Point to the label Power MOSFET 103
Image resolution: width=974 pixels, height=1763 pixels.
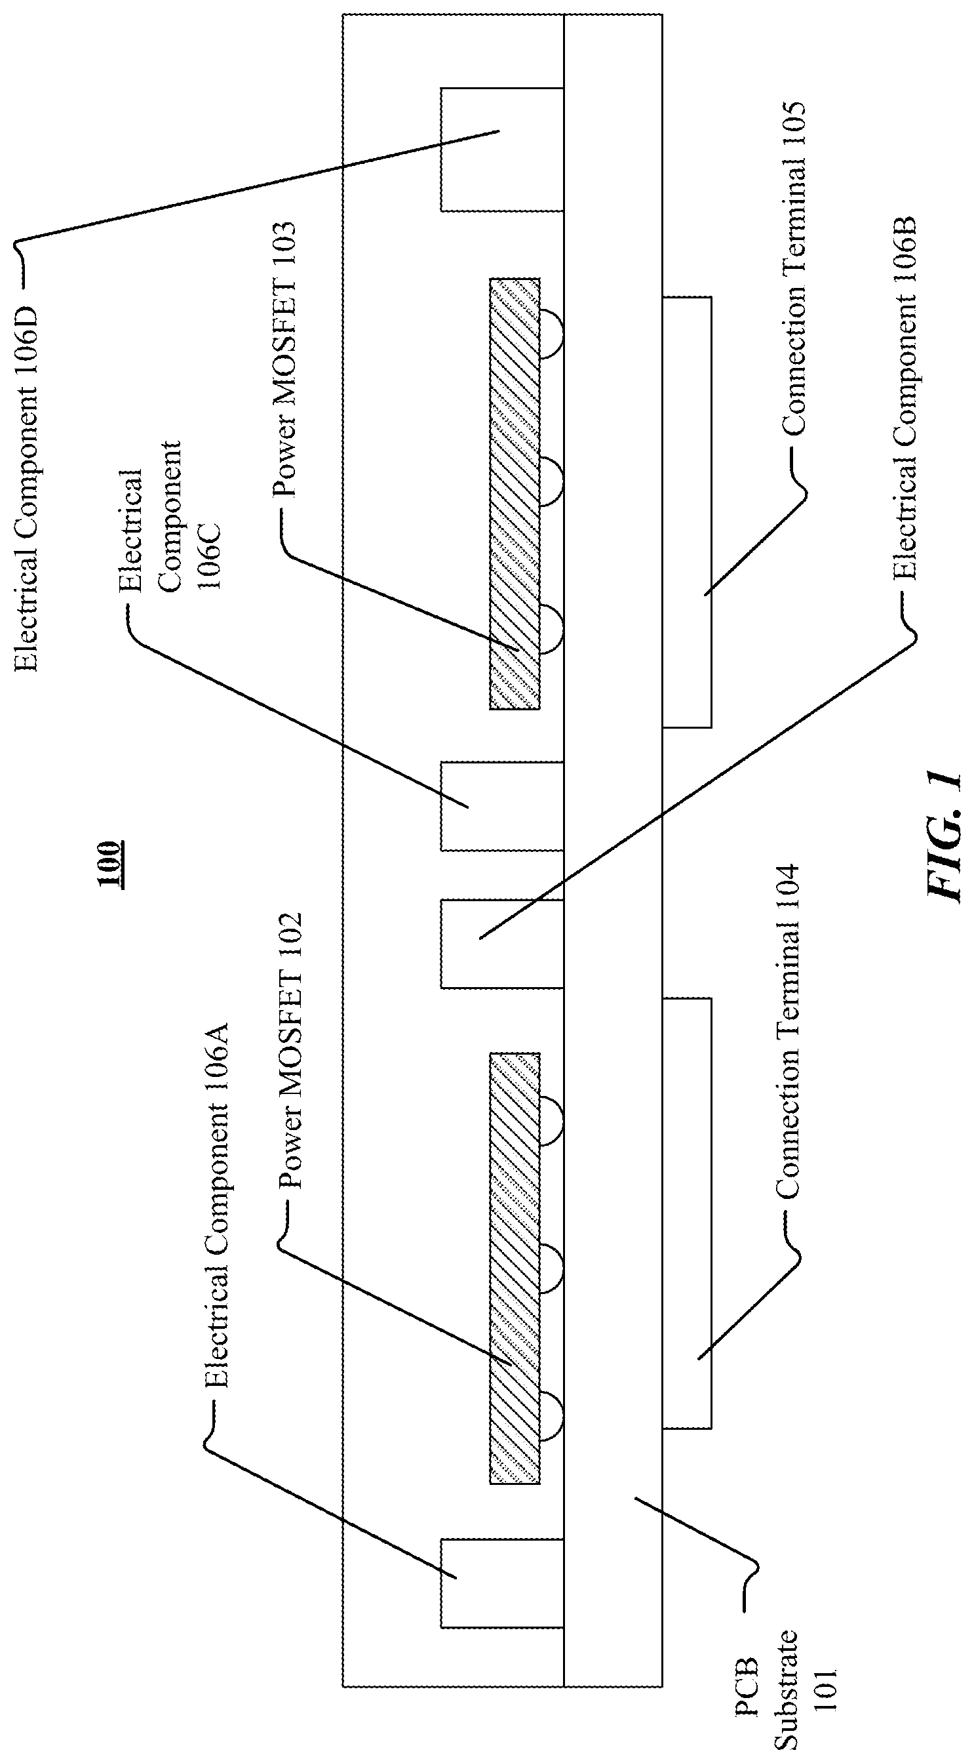(284, 359)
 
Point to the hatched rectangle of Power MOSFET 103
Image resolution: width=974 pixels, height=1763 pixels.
(515, 493)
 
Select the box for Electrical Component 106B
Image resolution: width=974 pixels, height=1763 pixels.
(501, 944)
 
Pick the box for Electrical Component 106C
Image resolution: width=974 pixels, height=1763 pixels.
(501, 806)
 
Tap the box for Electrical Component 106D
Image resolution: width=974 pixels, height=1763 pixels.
(501, 149)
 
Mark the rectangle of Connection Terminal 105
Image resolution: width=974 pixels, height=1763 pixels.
(687, 512)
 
